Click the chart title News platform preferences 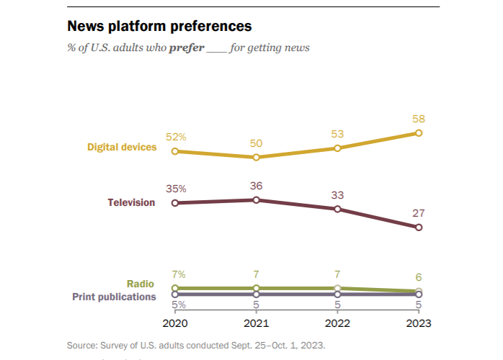[x=159, y=27]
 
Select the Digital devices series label [x=122, y=147]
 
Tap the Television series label [x=131, y=202]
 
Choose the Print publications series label [x=114, y=296]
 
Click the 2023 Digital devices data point [x=419, y=133]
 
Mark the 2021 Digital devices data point [x=256, y=157]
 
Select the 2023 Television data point [x=419, y=228]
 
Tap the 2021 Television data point [x=256, y=199]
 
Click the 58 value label [x=419, y=119]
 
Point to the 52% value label [x=177, y=137]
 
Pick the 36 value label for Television [x=256, y=185]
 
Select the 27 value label [x=419, y=213]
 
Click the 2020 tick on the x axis [x=174, y=323]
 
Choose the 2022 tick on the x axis [x=337, y=323]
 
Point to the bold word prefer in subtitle [x=187, y=48]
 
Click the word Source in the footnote [x=81, y=345]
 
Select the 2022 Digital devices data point [x=337, y=148]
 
